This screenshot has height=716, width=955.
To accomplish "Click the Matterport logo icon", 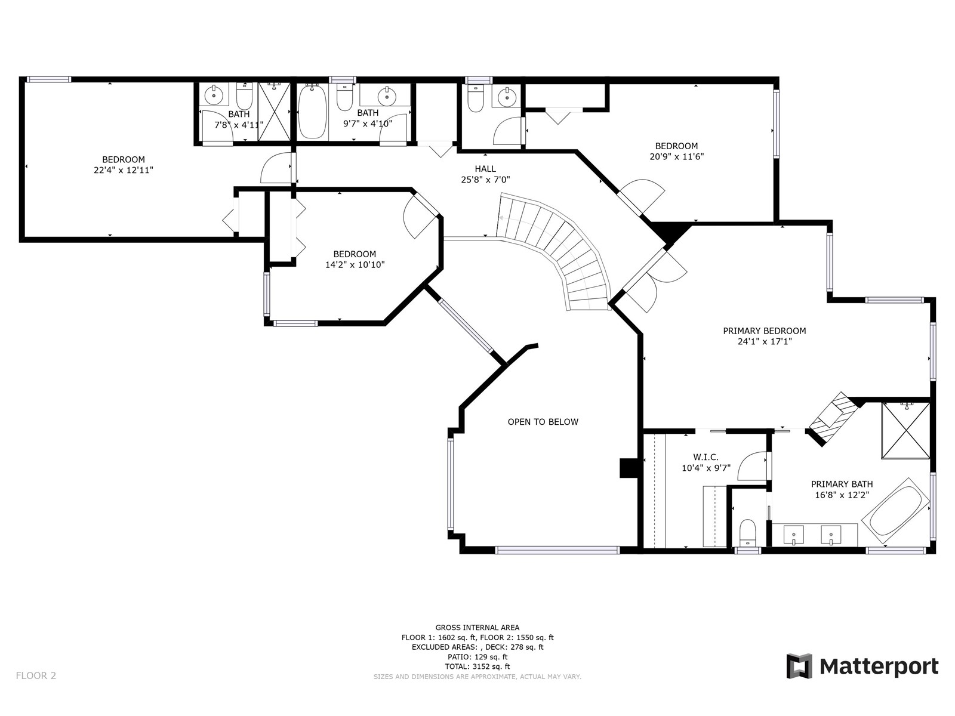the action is point(799,665).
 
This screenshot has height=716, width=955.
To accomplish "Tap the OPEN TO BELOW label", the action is point(543,422).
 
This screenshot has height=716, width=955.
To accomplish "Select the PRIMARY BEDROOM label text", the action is point(765,331).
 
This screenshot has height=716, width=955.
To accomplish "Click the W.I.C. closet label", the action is point(706,457).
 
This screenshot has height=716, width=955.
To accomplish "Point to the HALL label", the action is point(485,169).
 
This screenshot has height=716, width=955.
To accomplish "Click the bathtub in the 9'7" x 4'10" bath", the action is point(312,112).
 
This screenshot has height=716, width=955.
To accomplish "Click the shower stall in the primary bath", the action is point(906,431).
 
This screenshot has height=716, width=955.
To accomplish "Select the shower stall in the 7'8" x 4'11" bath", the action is point(274,112).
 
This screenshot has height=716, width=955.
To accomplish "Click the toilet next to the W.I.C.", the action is point(748,533).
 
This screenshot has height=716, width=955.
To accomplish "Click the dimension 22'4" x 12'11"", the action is point(124,170).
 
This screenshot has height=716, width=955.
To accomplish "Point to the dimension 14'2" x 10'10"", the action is point(355,264).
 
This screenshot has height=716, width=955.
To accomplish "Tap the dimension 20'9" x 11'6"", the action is point(676,156).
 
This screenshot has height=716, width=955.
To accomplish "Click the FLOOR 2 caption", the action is point(36,675).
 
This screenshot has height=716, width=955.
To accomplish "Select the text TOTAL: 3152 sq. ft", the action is point(478,666).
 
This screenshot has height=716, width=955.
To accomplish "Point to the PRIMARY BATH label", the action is point(842,484).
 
